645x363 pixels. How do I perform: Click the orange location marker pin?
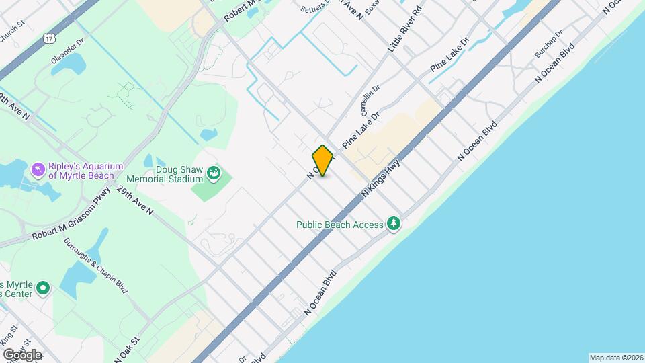click(323, 160)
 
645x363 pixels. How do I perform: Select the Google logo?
click(21, 354)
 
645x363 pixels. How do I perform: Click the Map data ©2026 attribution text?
click(615, 358)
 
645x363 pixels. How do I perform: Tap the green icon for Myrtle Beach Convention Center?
click(43, 288)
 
